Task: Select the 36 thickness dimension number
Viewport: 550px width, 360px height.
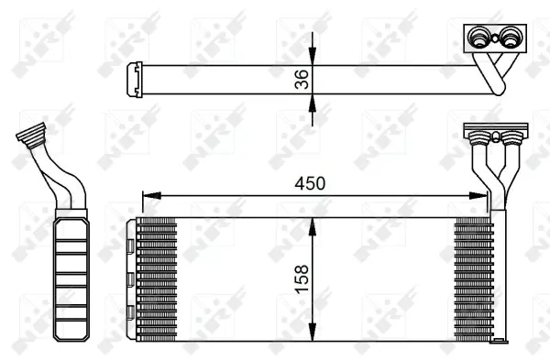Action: (x=303, y=79)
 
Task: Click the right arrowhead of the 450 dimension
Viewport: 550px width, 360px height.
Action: (x=483, y=195)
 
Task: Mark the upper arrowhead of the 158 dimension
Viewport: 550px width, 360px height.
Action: (x=314, y=224)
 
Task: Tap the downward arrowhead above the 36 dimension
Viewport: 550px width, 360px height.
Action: (x=313, y=57)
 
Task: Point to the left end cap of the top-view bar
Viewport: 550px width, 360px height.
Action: (x=133, y=78)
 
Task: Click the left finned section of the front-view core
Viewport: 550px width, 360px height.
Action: (x=157, y=278)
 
